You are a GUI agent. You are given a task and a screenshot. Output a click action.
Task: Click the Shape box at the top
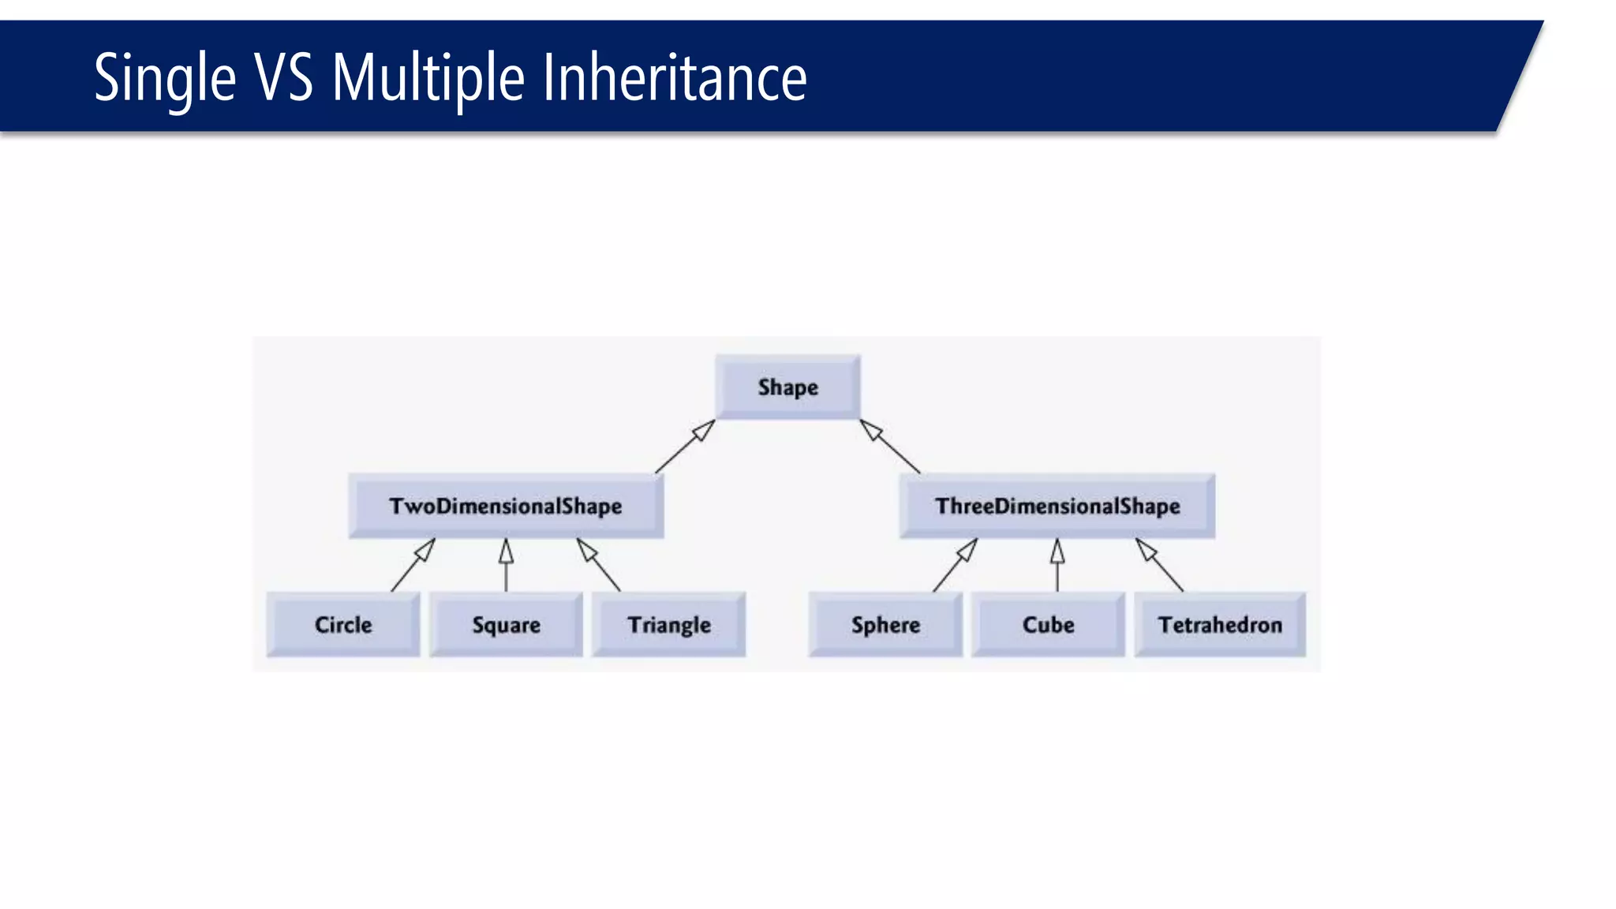[787, 387]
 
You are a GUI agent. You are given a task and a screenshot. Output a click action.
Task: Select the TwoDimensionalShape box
[506, 506]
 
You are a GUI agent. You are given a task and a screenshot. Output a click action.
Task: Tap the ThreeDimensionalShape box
[1057, 506]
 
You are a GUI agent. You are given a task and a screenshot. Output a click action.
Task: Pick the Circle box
[343, 624]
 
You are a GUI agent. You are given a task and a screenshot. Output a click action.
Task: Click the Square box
[506, 624]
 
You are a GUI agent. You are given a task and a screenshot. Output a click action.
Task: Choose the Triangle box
[669, 624]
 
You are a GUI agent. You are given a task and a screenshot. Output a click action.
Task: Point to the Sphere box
[885, 624]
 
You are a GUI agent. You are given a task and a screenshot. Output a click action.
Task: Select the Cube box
[1048, 624]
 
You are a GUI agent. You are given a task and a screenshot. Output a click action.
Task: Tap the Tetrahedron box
[1220, 624]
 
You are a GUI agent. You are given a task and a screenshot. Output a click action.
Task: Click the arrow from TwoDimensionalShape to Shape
[685, 447]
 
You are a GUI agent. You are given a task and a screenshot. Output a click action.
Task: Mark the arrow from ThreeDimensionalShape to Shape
[890, 447]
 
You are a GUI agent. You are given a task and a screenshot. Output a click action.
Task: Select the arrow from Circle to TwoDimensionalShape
[413, 565]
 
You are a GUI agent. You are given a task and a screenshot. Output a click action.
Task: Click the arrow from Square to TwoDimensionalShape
[506, 565]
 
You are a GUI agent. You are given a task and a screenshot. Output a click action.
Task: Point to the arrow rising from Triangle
[598, 565]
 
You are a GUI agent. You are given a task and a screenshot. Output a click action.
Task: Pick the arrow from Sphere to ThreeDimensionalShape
[955, 565]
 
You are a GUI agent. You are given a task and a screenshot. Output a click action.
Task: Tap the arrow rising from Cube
[1057, 565]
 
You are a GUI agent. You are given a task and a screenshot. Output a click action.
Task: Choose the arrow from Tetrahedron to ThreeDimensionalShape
[1159, 565]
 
